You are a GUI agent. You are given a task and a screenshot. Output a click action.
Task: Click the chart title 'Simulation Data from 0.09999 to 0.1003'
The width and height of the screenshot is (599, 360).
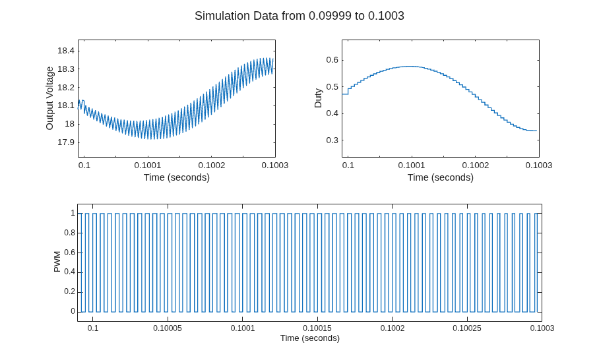coord(299,16)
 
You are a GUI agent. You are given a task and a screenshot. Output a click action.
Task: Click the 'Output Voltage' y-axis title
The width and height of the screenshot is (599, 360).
coord(49,98)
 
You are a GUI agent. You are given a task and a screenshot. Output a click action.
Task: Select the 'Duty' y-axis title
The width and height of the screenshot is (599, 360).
coord(318,98)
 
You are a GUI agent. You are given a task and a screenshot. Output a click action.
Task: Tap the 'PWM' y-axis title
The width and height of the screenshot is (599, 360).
coord(57,262)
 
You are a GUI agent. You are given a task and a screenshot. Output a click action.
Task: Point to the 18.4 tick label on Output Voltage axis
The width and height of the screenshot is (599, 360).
coord(66,51)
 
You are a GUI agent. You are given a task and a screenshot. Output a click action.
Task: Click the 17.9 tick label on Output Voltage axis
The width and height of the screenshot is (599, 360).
coord(66,142)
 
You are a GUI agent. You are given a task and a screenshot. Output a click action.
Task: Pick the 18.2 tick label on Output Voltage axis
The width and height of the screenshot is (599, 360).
coord(66,88)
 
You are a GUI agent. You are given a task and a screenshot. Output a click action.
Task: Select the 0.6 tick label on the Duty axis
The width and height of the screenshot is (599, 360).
coord(332,60)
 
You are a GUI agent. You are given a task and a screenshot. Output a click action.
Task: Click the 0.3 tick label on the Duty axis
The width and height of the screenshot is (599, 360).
coord(332,140)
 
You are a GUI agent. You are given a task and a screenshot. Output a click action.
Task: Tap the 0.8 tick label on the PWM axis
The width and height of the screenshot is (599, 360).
coord(69,233)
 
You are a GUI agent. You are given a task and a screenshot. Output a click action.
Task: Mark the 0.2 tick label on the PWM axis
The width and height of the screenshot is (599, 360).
coord(69,291)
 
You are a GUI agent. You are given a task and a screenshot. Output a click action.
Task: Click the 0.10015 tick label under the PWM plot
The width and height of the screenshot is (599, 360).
coord(317,328)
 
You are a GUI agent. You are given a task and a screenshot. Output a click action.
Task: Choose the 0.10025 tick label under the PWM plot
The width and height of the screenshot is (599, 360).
coord(467,328)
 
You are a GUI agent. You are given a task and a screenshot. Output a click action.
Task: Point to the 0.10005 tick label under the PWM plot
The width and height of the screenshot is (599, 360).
coord(168,328)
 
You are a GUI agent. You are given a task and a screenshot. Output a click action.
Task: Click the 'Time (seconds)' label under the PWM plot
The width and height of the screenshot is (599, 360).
coord(310,338)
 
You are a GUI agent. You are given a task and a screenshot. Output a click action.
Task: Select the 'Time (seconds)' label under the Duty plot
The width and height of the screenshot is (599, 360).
coord(441,177)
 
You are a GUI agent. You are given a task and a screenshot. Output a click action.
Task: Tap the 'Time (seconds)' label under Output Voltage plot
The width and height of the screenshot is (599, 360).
coord(177,177)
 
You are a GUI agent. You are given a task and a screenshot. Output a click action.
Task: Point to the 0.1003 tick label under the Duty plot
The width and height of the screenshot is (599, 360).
coord(539,165)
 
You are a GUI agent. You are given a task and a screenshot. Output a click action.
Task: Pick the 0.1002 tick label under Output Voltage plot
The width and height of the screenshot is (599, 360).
coord(211,165)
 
